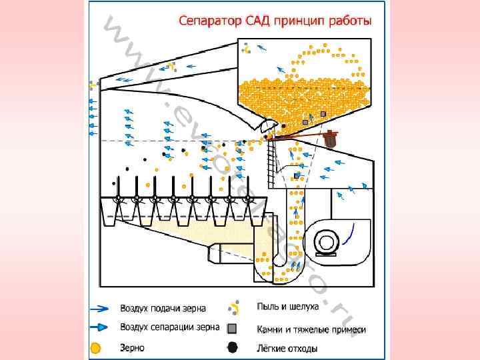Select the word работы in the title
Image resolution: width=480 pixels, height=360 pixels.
(x=349, y=21)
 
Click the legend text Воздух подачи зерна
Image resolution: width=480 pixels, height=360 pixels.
(x=163, y=309)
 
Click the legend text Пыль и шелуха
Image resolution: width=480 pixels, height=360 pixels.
(x=287, y=307)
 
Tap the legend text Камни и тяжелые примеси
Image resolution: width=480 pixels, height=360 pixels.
(x=311, y=329)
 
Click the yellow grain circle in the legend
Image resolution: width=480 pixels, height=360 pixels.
(x=96, y=347)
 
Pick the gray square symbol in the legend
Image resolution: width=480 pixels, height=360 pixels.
(x=232, y=328)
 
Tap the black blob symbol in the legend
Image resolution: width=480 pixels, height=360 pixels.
(x=232, y=347)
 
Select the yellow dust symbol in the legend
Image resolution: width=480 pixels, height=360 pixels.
(x=233, y=307)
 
